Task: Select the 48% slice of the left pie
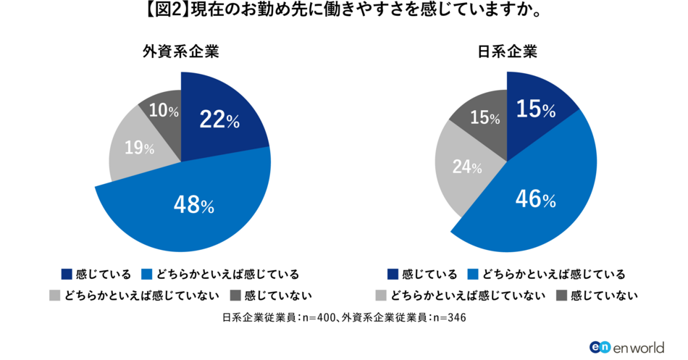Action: [193, 206]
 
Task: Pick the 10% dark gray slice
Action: [163, 111]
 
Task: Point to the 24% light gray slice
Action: [466, 166]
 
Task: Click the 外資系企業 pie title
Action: [180, 52]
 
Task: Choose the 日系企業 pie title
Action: [507, 52]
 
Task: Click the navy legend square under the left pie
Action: [67, 274]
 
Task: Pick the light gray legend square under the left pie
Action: [53, 295]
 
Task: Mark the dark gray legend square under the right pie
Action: [561, 295]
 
